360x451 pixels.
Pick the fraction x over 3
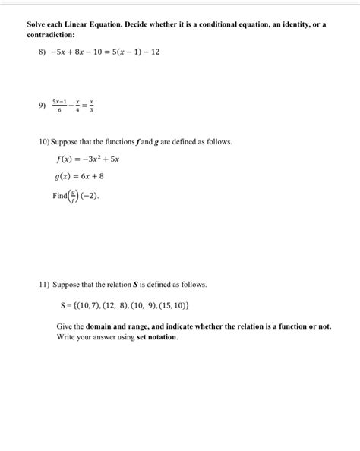(x=92, y=106)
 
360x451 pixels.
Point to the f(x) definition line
(x=87, y=159)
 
